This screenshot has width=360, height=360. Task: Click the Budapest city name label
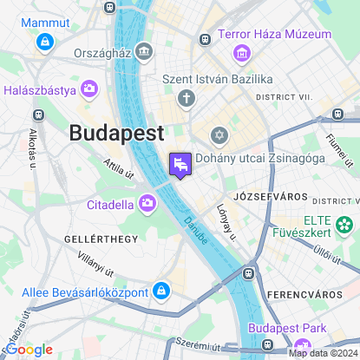click(116, 134)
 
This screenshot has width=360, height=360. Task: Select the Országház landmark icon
click(144, 52)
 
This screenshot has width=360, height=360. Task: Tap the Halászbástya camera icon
click(89, 89)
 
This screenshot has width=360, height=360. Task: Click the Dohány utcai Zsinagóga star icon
click(219, 136)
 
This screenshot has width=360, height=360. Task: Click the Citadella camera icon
click(147, 205)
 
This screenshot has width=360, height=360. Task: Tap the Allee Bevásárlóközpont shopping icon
click(160, 291)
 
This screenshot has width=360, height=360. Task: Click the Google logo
click(29, 349)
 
